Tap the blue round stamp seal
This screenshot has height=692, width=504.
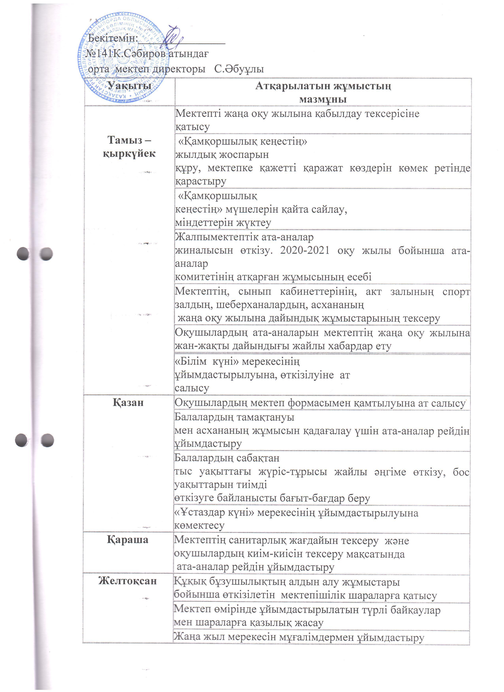pyautogui.click(x=124, y=58)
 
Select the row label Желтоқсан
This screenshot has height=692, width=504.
pyautogui.click(x=127, y=581)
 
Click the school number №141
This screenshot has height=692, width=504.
pyautogui.click(x=98, y=54)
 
